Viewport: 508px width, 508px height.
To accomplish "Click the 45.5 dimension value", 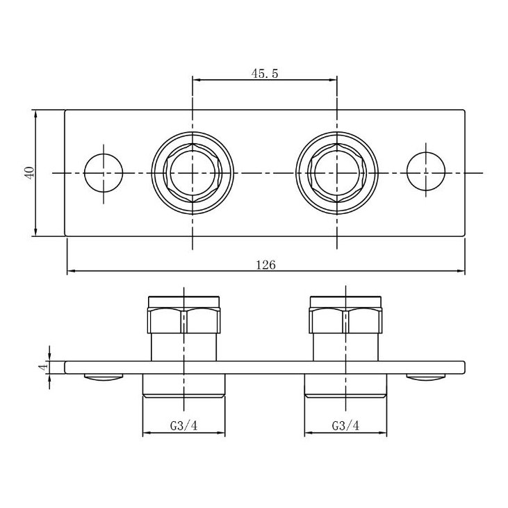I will pyautogui.click(x=265, y=73).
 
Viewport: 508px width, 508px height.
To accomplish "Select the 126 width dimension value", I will pyautogui.click(x=266, y=265).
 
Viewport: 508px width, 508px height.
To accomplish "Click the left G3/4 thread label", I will pyautogui.click(x=183, y=426).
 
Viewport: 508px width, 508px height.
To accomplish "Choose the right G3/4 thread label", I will pyautogui.click(x=345, y=426).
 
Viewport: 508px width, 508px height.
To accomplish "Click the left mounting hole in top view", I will pyautogui.click(x=103, y=172).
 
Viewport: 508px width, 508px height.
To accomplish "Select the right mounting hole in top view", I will pyautogui.click(x=426, y=172).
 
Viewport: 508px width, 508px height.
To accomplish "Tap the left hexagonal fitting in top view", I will pyautogui.click(x=192, y=172).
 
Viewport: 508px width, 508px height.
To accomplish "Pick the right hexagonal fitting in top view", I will pyautogui.click(x=337, y=172).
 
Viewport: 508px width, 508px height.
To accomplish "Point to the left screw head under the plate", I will pyautogui.click(x=103, y=377).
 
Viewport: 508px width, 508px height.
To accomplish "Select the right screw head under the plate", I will pyautogui.click(x=426, y=377).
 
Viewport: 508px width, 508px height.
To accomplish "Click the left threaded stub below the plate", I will pyautogui.click(x=183, y=386).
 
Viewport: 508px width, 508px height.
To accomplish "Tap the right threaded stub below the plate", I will pyautogui.click(x=345, y=386).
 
